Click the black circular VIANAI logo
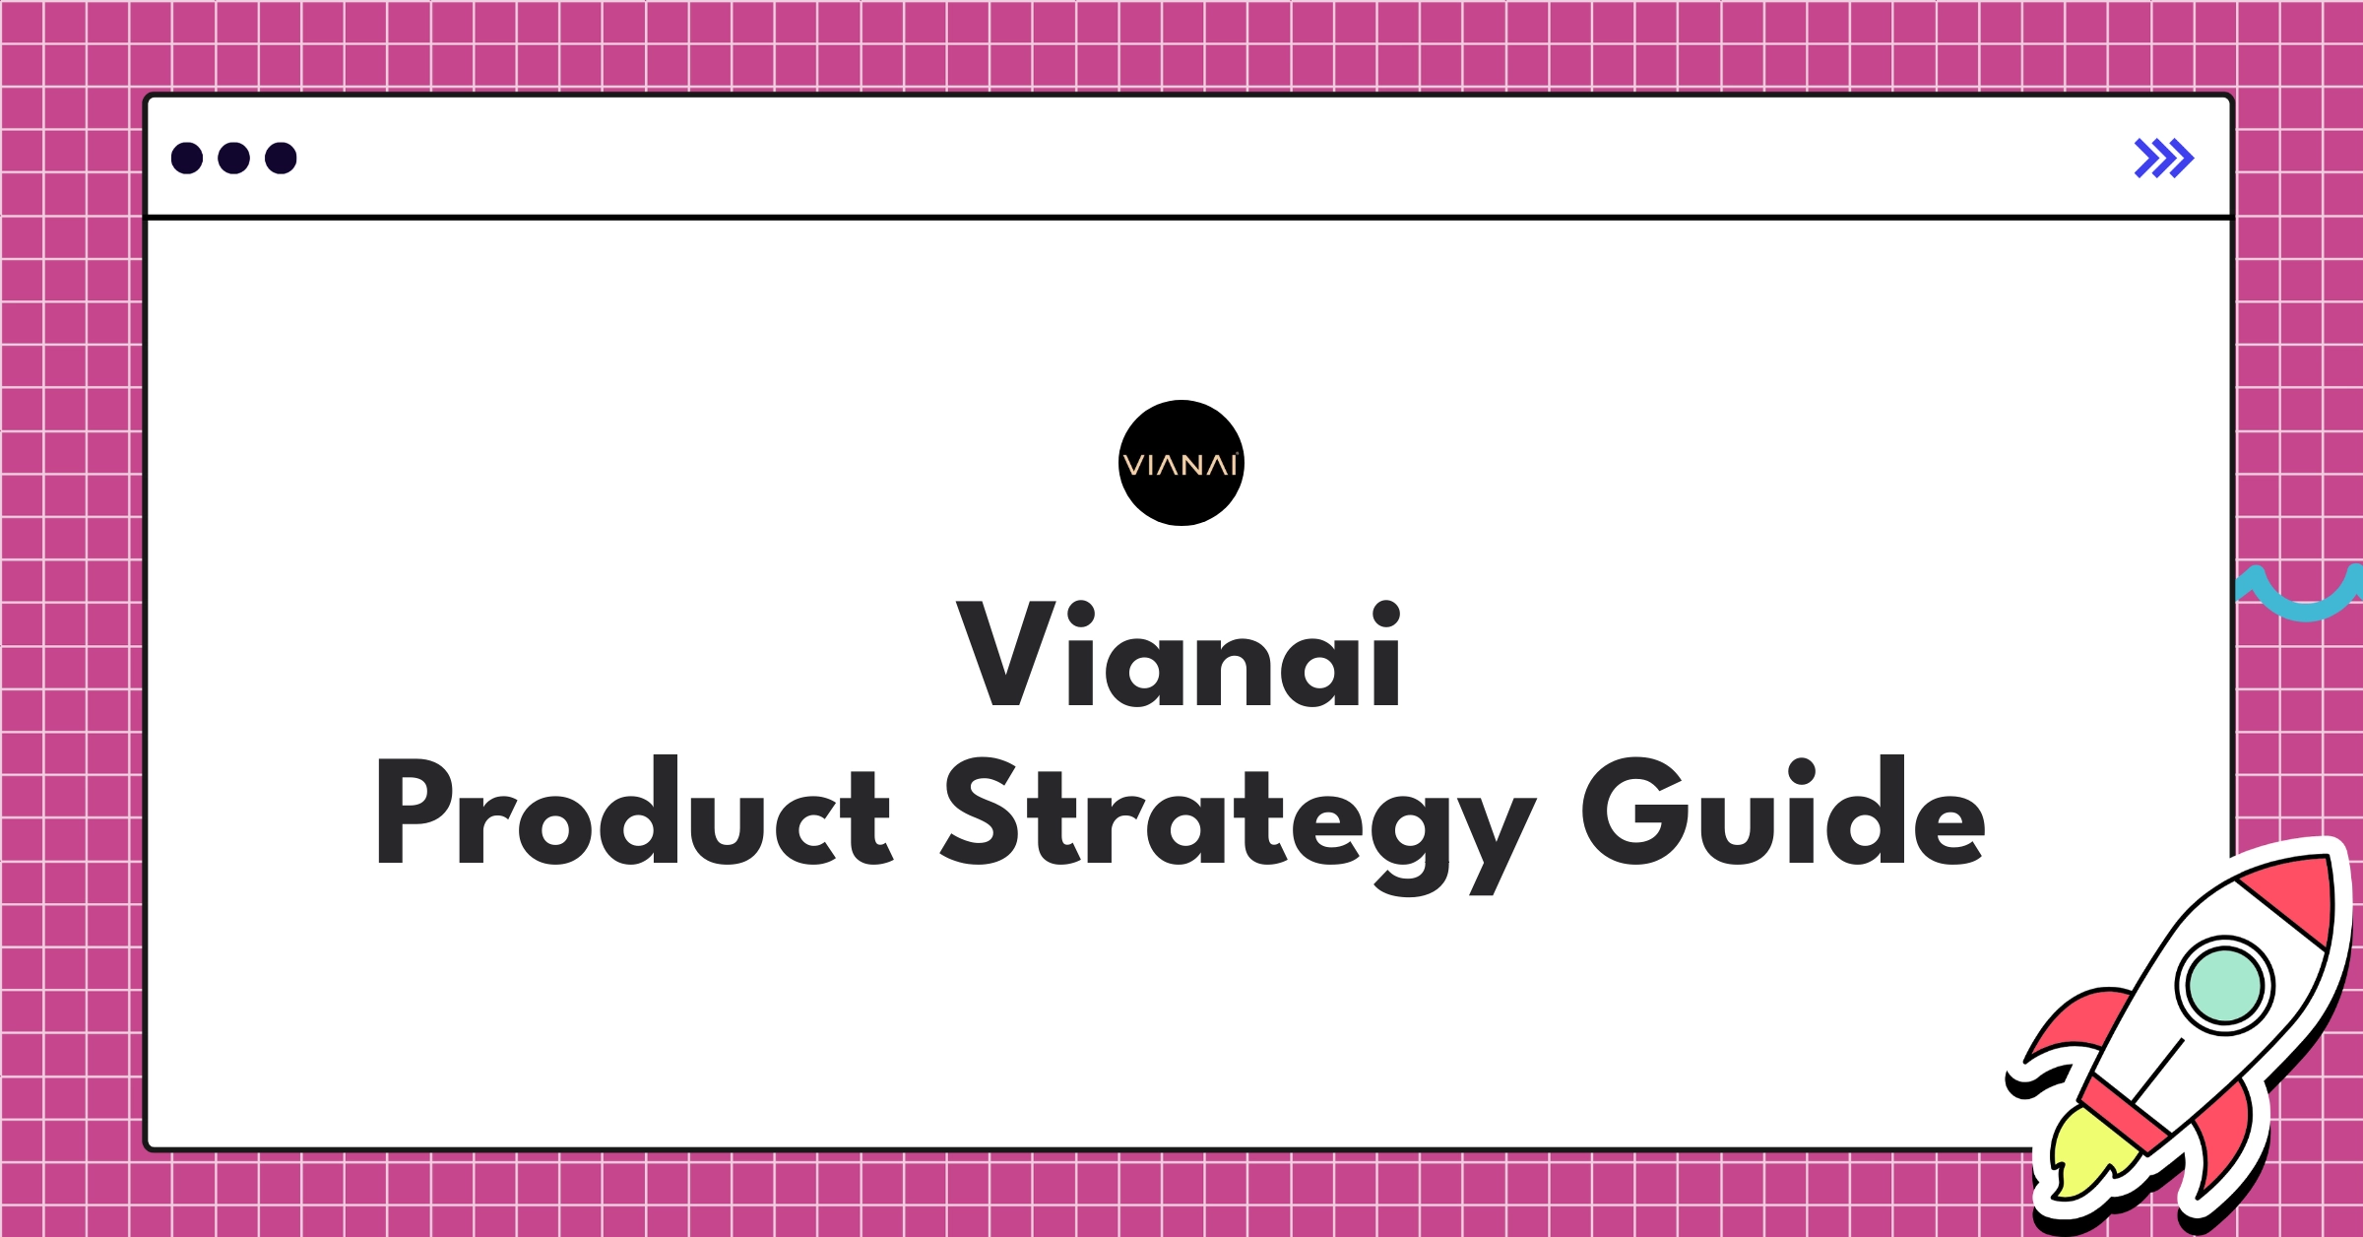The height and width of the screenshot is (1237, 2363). (x=1181, y=463)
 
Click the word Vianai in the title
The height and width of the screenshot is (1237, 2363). (x=1179, y=654)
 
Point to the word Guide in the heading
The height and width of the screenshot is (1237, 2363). (x=1783, y=811)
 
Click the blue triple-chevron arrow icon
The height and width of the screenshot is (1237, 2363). (x=2164, y=159)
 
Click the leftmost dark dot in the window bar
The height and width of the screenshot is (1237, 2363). (x=187, y=159)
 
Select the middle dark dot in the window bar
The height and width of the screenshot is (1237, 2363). (x=233, y=159)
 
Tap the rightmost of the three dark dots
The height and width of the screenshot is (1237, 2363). (x=281, y=159)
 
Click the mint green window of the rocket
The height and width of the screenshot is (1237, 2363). (x=2224, y=986)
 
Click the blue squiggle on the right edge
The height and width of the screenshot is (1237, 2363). (x=2300, y=595)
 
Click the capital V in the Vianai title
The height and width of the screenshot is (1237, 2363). (x=1006, y=654)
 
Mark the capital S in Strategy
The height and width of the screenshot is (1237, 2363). (x=980, y=812)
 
